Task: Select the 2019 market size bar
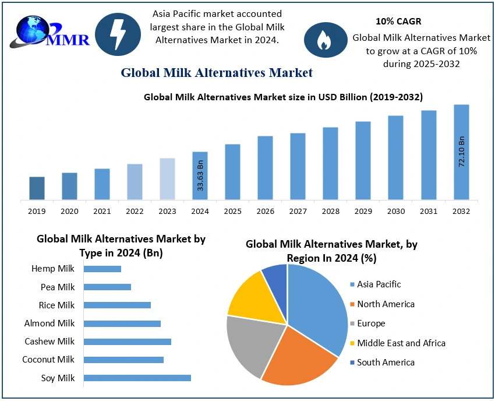[37, 188]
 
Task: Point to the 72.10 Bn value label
[462, 152]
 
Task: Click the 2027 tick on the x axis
[298, 210]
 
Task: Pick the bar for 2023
[167, 179]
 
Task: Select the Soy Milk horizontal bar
[137, 378]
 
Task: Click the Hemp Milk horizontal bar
[102, 269]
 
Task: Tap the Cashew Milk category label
[49, 341]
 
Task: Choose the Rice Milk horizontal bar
[117, 305]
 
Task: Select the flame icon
[325, 40]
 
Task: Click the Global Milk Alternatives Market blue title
[217, 73]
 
